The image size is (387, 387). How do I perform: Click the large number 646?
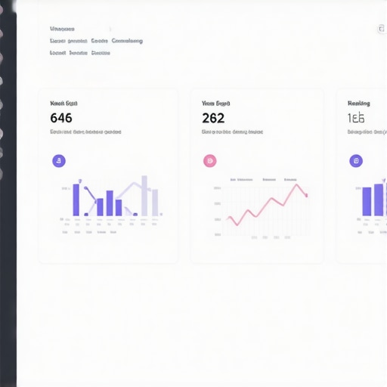[x=61, y=118]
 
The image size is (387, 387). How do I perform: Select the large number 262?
[x=213, y=118]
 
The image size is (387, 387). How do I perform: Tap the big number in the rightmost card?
[x=356, y=118]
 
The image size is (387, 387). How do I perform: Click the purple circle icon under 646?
[x=59, y=160]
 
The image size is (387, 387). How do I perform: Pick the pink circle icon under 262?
[x=210, y=160]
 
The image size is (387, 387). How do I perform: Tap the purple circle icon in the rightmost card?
[x=356, y=160]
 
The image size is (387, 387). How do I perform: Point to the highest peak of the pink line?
[x=297, y=184]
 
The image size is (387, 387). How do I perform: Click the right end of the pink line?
[x=306, y=196]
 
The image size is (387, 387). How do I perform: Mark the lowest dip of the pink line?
[x=235, y=224]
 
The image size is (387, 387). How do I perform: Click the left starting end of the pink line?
[x=227, y=218]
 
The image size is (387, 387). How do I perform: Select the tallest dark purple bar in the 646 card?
[x=76, y=200]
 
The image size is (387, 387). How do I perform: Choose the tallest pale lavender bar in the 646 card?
[x=144, y=196]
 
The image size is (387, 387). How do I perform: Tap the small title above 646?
[x=63, y=103]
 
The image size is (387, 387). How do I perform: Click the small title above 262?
[x=215, y=103]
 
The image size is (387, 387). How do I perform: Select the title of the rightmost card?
[x=358, y=103]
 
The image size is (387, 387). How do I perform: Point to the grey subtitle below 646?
[x=85, y=132]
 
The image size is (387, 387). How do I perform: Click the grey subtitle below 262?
[x=232, y=132]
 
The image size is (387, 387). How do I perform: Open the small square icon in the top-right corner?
[x=382, y=29]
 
